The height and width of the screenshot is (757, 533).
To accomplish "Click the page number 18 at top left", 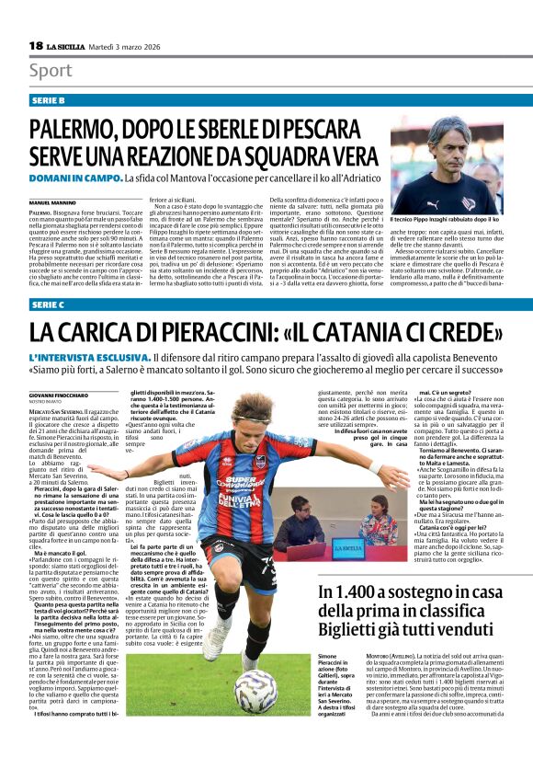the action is coord(36,46).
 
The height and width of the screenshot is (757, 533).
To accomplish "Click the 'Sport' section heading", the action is coord(51,71).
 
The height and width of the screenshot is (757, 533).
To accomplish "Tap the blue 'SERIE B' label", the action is coord(48,99).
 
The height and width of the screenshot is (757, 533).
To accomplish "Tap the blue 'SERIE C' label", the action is coord(48,304).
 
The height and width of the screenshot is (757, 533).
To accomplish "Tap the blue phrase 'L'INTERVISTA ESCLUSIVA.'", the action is coord(89,356).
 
